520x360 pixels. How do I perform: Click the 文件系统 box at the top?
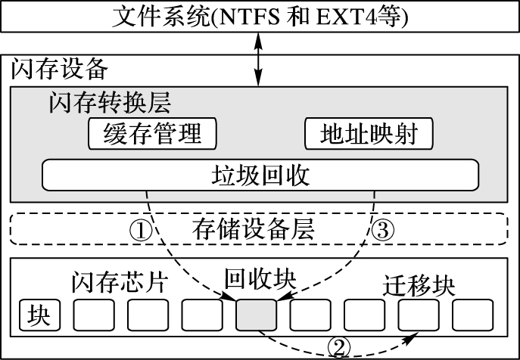(260, 16)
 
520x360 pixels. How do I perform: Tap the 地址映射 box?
(369, 134)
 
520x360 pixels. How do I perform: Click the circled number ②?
(339, 346)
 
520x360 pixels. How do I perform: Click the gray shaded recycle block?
(257, 315)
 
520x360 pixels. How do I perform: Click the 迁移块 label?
(419, 286)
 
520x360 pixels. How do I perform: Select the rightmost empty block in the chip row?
(473, 315)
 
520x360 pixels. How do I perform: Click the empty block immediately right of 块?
(93, 315)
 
